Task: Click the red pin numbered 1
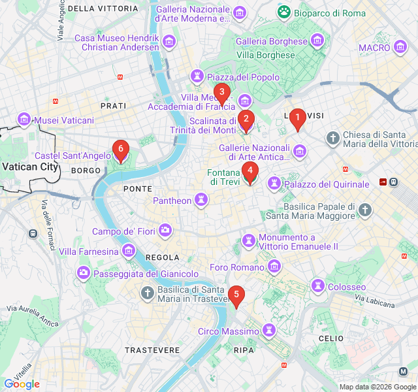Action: [x=298, y=118]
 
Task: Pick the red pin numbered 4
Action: [x=249, y=171]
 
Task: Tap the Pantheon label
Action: [x=172, y=201]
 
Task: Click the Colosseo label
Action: [x=346, y=287]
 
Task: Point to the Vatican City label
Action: [x=30, y=167]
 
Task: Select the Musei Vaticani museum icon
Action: [x=25, y=120]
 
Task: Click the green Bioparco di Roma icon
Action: [x=285, y=12]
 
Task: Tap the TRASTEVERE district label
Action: [x=152, y=350]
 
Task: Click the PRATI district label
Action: [x=113, y=105]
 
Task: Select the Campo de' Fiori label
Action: [x=125, y=231]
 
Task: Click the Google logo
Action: [x=22, y=384]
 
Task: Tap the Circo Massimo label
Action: [x=228, y=331]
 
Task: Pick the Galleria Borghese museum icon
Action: [x=317, y=41]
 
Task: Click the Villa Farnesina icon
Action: [x=129, y=251]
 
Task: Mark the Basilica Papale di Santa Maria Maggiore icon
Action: [x=365, y=210]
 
